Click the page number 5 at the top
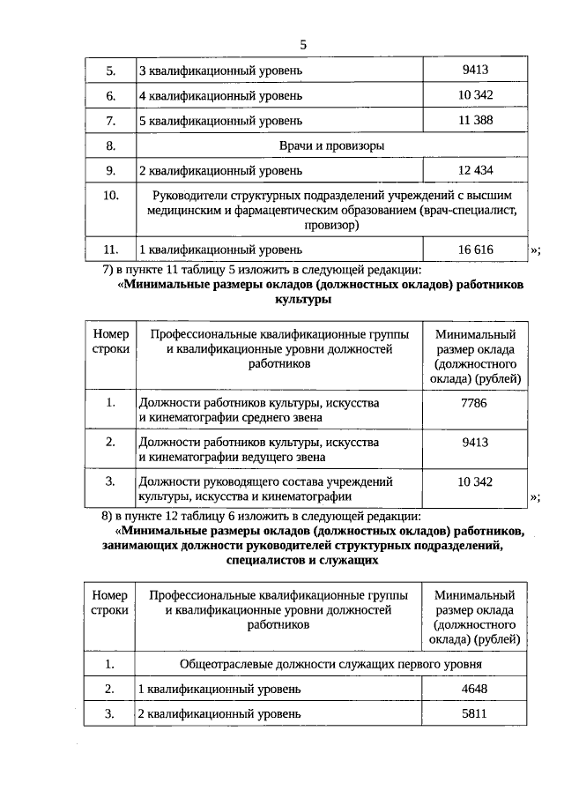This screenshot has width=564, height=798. pos(303,45)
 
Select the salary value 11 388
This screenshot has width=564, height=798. pos(475,119)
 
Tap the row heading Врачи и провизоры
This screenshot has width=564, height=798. pos(330,145)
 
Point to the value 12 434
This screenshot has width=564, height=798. pos(475,169)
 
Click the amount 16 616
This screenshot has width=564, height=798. pos(475,250)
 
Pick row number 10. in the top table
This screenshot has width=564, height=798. pos(111,195)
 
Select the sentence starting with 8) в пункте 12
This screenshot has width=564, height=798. pos(262,516)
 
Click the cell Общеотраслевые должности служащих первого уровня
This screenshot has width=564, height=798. pos(330,664)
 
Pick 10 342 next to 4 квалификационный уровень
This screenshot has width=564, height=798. pos(475,93)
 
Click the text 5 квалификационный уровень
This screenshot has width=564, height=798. pos(220,119)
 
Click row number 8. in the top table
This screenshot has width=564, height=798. pos(111,145)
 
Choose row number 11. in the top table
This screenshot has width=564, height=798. pos(111,250)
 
